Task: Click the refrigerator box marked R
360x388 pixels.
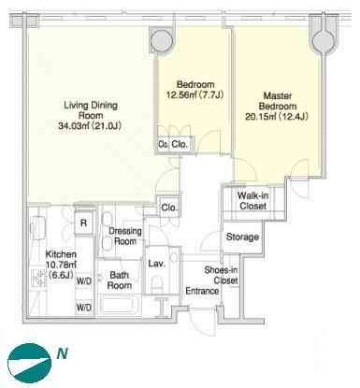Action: (83, 223)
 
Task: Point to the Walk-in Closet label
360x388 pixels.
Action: (252, 201)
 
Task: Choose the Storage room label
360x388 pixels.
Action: (242, 237)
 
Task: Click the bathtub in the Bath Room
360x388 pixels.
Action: (119, 305)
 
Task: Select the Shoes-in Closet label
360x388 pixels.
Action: (222, 275)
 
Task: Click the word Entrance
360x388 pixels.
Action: (202, 291)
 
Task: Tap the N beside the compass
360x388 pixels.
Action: (62, 353)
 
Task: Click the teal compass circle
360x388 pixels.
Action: (29, 364)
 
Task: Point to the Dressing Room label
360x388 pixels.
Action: (125, 236)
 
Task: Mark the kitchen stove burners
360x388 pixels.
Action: (39, 278)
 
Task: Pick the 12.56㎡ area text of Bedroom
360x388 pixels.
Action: (181, 94)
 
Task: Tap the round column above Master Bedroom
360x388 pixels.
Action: (324, 40)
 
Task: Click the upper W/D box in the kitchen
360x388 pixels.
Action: (84, 281)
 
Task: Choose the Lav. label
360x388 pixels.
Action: (156, 264)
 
